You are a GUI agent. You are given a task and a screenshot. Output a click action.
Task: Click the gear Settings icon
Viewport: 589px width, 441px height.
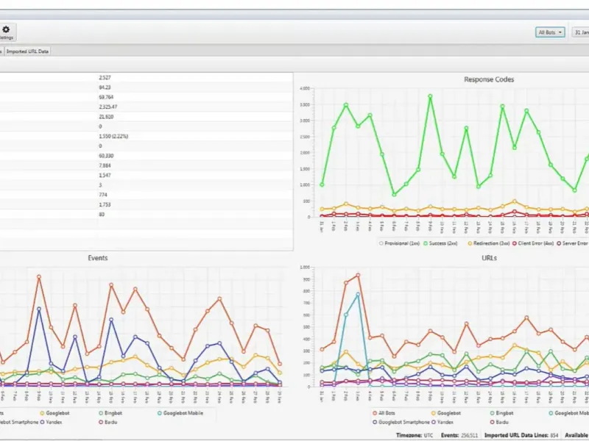coord(6,29)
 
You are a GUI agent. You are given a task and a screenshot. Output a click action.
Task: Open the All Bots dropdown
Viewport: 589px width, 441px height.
coord(550,32)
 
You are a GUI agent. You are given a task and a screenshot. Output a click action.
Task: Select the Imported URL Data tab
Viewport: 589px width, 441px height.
coord(28,51)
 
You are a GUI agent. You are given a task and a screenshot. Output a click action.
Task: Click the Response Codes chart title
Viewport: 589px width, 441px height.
coord(489,79)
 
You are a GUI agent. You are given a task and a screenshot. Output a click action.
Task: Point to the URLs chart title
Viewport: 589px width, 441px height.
coord(489,258)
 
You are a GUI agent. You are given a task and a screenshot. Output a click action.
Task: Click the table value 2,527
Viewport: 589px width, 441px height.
coord(105,77)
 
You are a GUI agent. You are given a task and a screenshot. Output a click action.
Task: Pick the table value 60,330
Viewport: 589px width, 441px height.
coord(107,156)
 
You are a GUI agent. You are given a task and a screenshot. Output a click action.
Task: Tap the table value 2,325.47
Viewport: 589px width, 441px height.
coord(108,107)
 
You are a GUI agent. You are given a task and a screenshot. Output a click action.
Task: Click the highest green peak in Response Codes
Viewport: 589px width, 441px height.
coord(430,96)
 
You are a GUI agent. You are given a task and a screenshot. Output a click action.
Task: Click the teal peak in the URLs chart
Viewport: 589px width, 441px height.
coord(358,294)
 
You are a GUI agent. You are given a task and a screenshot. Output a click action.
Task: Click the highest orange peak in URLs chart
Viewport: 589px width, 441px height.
coord(358,276)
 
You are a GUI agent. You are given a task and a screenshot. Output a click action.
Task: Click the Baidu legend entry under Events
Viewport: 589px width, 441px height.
coord(109,422)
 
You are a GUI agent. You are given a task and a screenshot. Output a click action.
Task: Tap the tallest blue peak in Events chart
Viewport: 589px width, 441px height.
coord(39,309)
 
